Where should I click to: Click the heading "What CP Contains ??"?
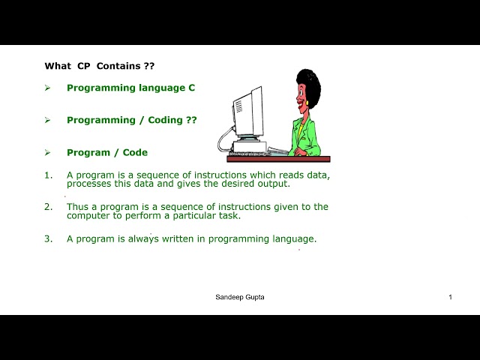point(100,66)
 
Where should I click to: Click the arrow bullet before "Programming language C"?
point(47,88)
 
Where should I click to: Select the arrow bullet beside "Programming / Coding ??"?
point(47,120)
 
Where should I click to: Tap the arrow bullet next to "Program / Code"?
point(47,152)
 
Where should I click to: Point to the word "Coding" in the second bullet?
point(165,120)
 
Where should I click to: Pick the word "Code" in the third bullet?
point(135,152)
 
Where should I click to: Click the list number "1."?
point(48,175)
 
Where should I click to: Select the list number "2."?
point(48,207)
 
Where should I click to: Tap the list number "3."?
point(48,238)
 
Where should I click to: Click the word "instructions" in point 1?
point(220,175)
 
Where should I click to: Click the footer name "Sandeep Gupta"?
point(240,297)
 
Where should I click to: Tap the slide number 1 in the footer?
point(450,297)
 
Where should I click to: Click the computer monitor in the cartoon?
point(248,114)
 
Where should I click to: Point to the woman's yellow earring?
point(307,103)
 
